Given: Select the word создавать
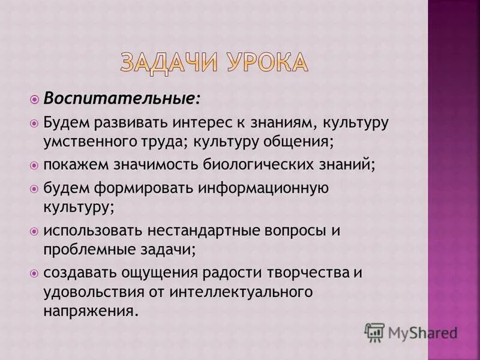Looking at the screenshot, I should click(77, 272).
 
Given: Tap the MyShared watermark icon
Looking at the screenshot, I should click(374, 332).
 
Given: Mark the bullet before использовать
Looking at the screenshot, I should click(34, 230).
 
